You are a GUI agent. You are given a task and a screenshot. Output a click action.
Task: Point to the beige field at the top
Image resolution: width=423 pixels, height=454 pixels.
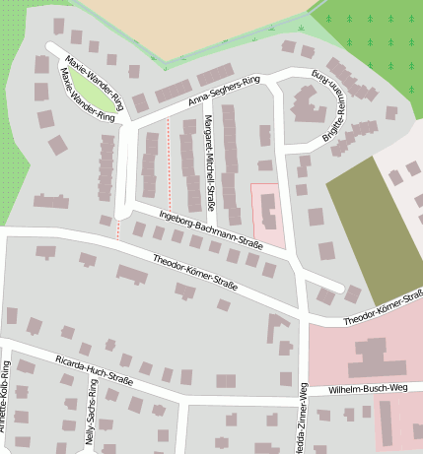[x=197, y=25]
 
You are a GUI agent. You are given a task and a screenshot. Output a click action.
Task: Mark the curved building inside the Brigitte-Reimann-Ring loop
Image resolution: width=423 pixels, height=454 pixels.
[x=308, y=108]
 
